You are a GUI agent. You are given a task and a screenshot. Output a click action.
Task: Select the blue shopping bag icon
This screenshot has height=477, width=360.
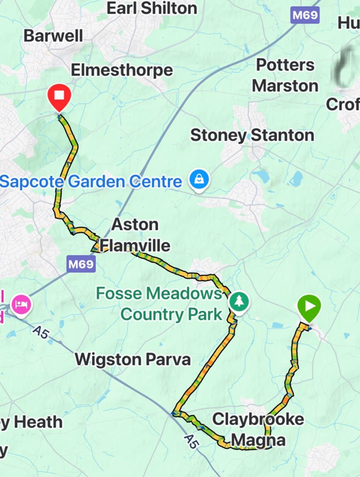(x=197, y=180)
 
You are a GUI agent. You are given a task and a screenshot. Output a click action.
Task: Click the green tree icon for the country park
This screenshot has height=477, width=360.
(x=240, y=301)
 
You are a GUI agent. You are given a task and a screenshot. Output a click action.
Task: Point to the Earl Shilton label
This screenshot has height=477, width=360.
(x=152, y=8)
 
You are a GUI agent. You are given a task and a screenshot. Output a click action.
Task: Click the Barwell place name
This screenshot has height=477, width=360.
(x=53, y=36)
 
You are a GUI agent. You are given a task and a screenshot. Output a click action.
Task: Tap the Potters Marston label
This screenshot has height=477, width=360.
(x=285, y=75)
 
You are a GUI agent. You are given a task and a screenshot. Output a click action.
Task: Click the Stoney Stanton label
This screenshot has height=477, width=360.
(x=252, y=135)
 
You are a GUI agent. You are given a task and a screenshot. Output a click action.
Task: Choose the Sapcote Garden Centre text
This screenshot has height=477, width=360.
(x=91, y=181)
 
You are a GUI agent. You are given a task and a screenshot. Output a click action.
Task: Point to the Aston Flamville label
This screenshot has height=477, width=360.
(x=135, y=235)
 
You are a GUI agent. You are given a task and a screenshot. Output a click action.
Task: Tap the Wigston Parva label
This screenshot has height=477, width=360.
(x=133, y=359)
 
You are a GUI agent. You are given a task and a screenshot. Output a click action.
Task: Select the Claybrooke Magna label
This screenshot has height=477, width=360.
(x=258, y=429)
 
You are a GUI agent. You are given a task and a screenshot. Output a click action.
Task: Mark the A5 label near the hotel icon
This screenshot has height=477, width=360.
(x=41, y=333)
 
